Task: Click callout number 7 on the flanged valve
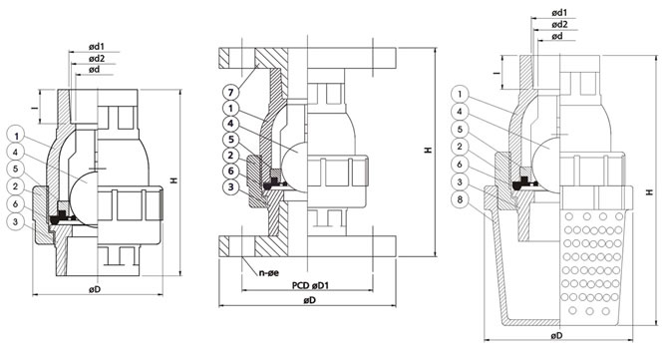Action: tap(230, 92)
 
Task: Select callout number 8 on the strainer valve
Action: tap(460, 199)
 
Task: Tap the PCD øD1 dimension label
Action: tap(310, 285)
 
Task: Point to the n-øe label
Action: tap(269, 272)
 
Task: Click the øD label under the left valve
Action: tap(95, 289)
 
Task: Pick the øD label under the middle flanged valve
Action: tap(310, 300)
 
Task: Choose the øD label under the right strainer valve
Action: tap(557, 335)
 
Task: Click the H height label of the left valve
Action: tap(173, 180)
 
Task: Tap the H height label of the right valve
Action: tap(649, 192)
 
